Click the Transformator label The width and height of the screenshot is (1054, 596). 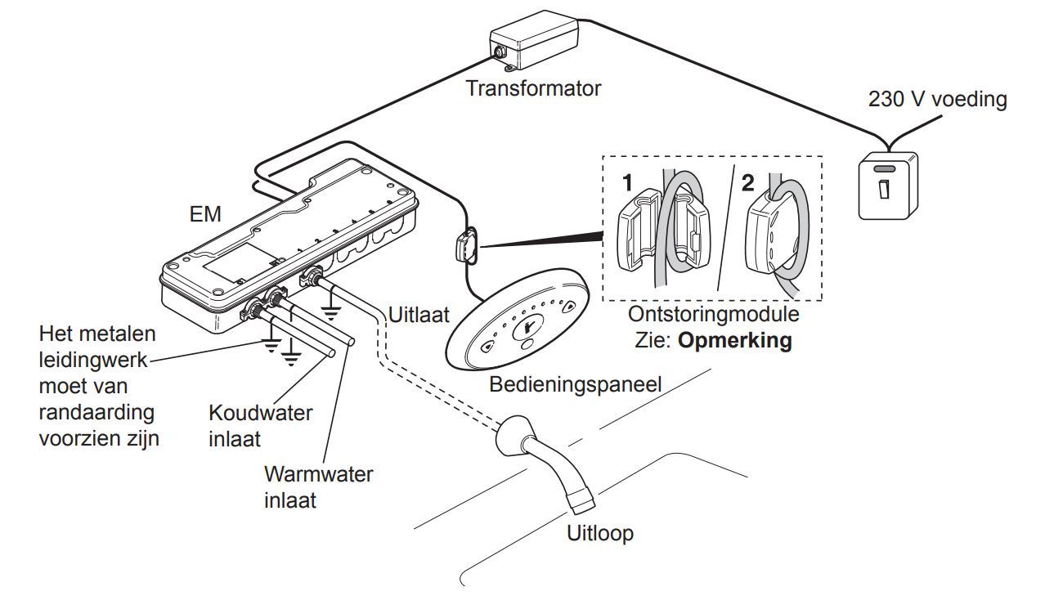532,88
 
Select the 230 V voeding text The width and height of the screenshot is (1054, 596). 937,100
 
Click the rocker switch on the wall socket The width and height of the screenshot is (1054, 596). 884,189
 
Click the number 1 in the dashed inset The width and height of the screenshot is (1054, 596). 626,181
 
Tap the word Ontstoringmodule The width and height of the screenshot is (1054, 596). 713,314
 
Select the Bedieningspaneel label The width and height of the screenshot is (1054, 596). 575,383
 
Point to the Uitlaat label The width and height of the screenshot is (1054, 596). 419,314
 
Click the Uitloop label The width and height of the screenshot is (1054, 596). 600,534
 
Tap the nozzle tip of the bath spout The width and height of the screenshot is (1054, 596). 581,498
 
